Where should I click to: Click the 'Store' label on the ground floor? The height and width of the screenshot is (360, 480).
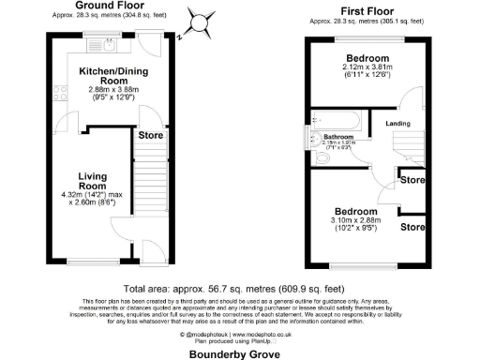(151, 135)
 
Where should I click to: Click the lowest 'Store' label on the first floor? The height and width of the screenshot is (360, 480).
(409, 226)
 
